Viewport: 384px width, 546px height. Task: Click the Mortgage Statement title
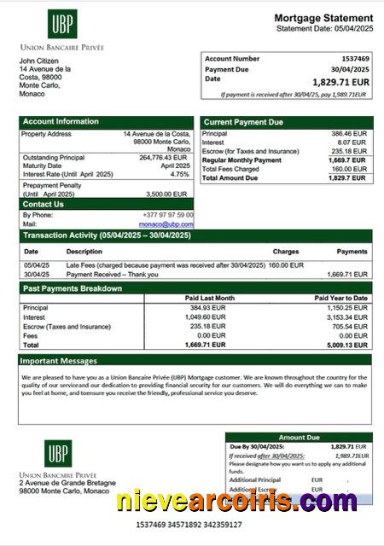point(323,18)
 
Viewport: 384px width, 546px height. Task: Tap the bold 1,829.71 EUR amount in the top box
point(341,82)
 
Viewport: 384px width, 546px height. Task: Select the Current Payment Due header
point(243,122)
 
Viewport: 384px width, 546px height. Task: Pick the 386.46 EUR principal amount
point(348,134)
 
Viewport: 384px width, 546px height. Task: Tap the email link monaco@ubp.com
point(173,224)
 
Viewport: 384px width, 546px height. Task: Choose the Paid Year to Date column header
point(341,298)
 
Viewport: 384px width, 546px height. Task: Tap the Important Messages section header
point(60,361)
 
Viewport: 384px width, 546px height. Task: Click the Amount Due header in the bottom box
point(298,438)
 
